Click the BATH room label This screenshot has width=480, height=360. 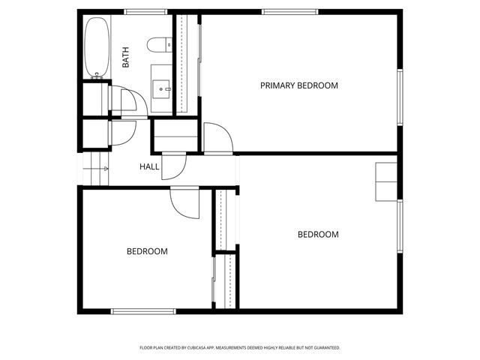(125, 58)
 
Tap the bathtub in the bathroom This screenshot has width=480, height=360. (96, 46)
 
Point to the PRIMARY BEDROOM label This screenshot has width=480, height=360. (298, 85)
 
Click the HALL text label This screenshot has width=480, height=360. (149, 166)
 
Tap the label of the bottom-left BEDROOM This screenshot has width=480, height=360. (146, 251)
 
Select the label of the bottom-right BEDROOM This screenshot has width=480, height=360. (318, 235)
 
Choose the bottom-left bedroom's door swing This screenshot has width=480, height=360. (184, 200)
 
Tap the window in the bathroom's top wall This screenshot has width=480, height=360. (145, 12)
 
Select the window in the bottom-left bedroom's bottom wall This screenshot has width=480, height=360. (143, 310)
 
